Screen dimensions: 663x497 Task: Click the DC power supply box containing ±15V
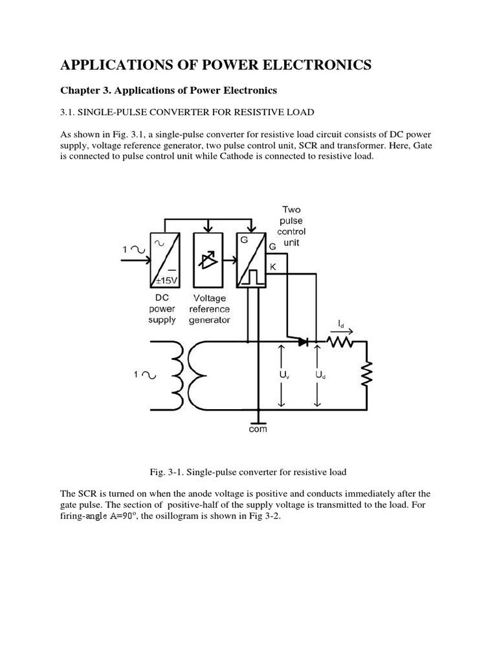[164, 260]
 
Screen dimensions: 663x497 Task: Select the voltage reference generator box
[207, 260]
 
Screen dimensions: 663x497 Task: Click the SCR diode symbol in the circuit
[303, 341]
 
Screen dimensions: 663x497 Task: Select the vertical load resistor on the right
[367, 374]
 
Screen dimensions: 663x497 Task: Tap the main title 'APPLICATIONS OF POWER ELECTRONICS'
[216, 64]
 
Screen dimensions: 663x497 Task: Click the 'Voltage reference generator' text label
[209, 309]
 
